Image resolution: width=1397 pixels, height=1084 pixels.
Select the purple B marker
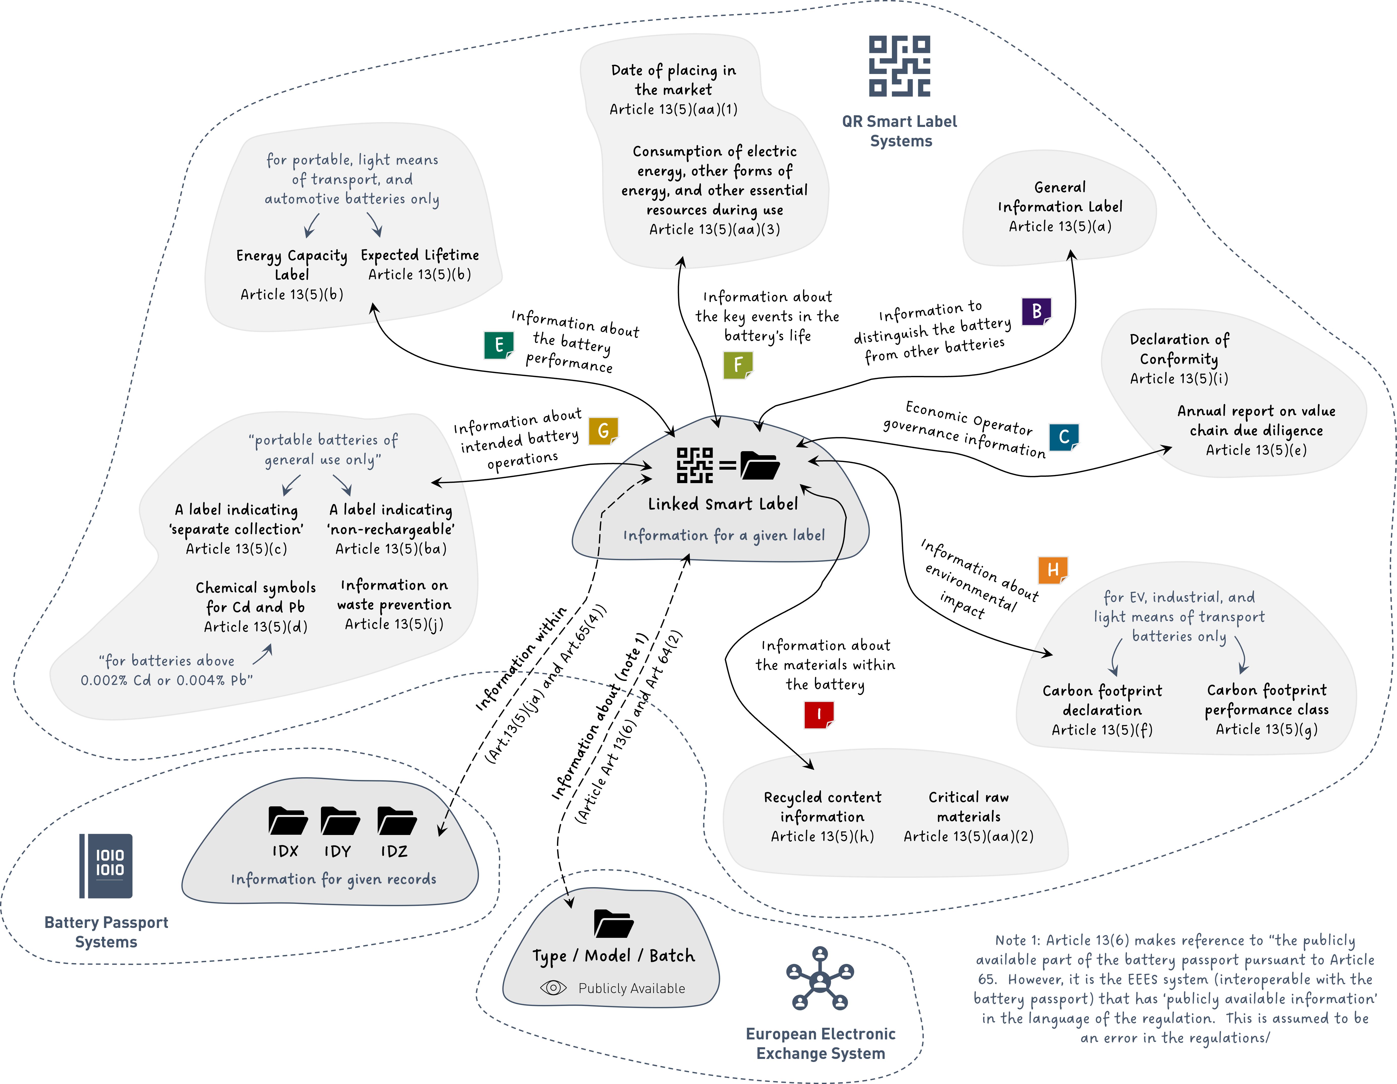(x=1036, y=311)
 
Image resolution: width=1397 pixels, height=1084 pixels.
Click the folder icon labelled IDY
(x=340, y=821)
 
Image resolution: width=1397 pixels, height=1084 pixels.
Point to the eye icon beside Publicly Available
(x=553, y=988)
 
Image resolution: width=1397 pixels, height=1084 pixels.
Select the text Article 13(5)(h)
(x=822, y=836)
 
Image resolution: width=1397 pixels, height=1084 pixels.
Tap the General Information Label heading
(x=1060, y=197)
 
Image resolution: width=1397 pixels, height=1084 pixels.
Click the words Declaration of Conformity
(x=1179, y=349)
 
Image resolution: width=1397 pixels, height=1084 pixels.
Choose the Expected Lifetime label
(x=420, y=255)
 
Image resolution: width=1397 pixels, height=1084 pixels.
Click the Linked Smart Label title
(x=723, y=504)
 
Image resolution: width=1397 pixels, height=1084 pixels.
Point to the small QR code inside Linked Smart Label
(x=695, y=465)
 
